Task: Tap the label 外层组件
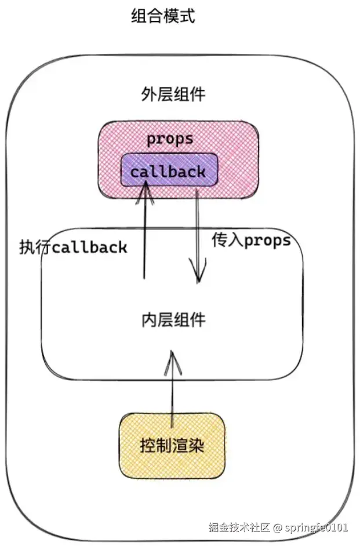click(x=173, y=94)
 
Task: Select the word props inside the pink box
click(x=169, y=139)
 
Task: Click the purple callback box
click(x=168, y=172)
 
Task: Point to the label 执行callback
click(x=73, y=247)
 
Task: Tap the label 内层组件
click(x=173, y=319)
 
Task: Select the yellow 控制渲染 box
click(x=172, y=445)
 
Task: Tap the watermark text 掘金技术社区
click(x=239, y=527)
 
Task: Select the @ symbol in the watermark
click(x=278, y=527)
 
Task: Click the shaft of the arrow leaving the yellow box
click(x=172, y=394)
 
